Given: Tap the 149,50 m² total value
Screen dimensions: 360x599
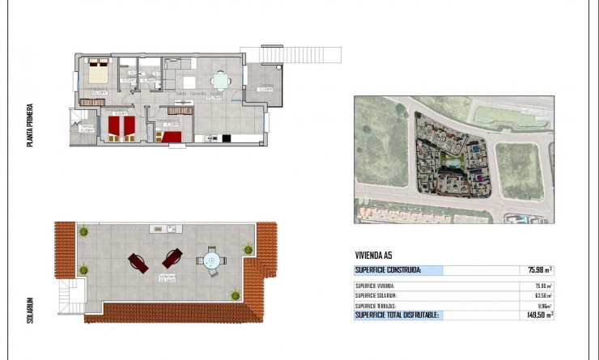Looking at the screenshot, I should [x=537, y=315].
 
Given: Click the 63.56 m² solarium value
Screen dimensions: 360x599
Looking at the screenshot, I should [x=542, y=295].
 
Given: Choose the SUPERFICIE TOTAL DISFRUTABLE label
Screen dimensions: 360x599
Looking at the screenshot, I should [x=397, y=315].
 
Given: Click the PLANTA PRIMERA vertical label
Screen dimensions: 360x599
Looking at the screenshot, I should [x=30, y=125].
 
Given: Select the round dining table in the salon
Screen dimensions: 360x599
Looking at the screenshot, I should [x=219, y=81].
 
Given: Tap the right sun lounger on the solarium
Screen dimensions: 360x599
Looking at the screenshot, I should [x=172, y=259].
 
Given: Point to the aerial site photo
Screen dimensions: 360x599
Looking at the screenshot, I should [x=453, y=159].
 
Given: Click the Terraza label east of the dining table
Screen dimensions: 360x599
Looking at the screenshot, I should [x=266, y=87].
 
